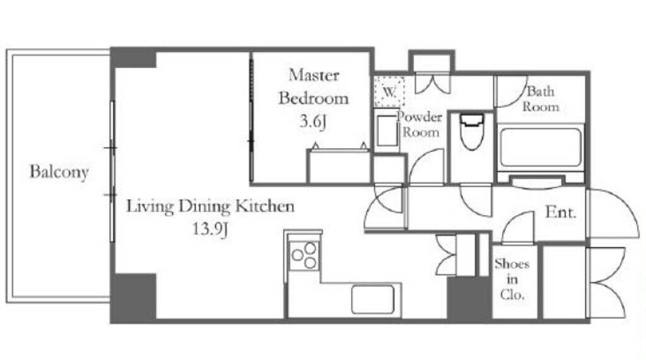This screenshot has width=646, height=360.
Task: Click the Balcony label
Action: [x=59, y=171]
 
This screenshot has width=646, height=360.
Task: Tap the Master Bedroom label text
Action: [x=314, y=86]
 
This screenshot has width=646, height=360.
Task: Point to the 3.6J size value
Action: [x=313, y=122]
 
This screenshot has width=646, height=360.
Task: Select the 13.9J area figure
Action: [x=210, y=228]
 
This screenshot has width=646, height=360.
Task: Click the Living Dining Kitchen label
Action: [x=210, y=206]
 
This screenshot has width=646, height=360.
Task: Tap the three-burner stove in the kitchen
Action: [x=303, y=255]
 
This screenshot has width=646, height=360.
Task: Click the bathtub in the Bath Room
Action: [x=541, y=147]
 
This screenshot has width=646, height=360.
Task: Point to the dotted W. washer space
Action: [x=389, y=91]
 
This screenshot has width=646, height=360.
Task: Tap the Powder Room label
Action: [x=420, y=124]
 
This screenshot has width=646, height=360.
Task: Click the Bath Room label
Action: [x=541, y=99]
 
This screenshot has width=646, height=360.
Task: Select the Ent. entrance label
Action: [x=561, y=212]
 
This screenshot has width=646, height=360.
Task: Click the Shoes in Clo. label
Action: [x=512, y=279]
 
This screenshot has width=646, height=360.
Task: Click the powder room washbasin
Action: [x=387, y=131]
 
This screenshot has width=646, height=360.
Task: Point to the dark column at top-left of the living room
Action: [x=134, y=57]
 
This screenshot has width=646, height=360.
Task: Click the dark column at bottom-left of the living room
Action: [x=134, y=298]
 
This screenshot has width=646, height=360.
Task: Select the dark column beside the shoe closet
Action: [x=469, y=299]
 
